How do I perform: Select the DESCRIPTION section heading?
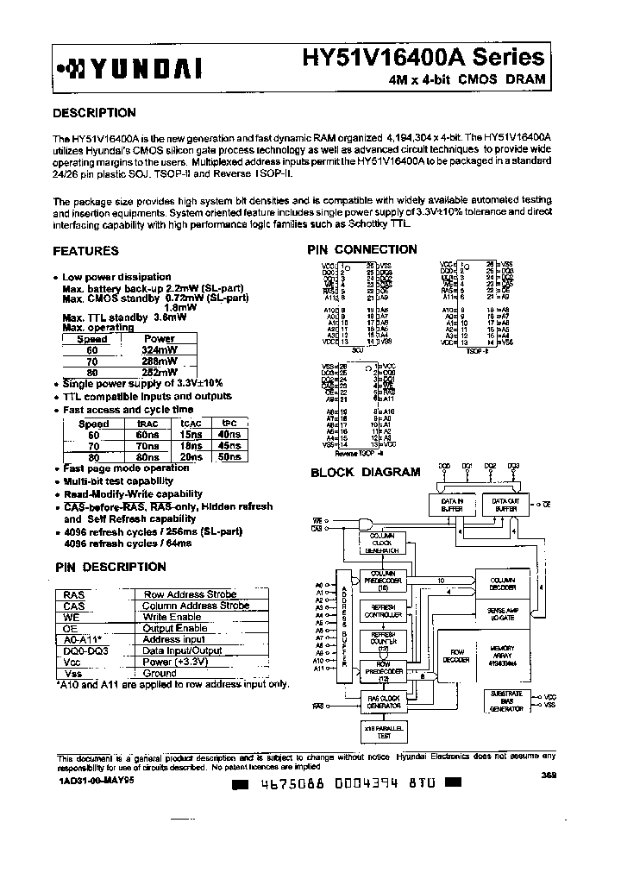(94, 113)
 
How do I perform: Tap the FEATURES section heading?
(85, 251)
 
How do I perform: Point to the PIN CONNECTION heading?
(362, 249)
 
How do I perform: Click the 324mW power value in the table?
(160, 350)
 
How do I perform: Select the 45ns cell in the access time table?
(229, 446)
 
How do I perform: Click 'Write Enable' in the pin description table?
(172, 617)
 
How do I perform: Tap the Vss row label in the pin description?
(73, 673)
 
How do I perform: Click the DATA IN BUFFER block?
(453, 505)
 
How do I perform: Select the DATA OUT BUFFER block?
(505, 505)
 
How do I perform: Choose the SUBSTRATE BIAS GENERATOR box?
(506, 701)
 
